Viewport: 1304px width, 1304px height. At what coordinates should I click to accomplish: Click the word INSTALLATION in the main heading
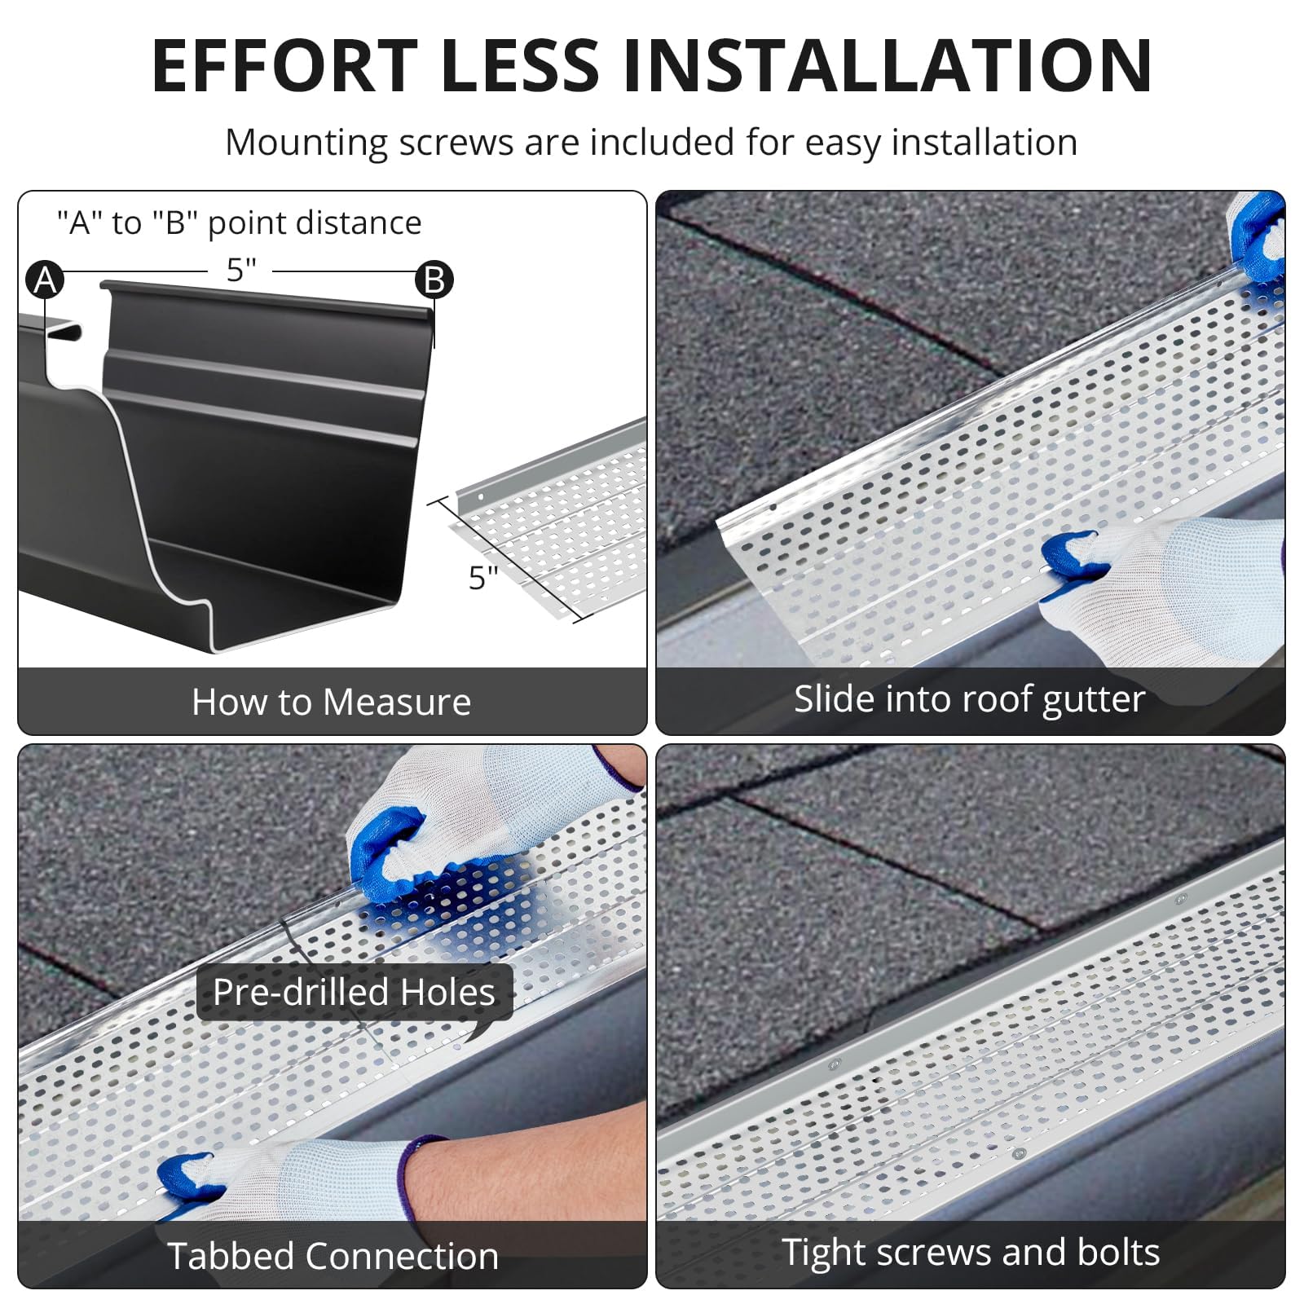888,65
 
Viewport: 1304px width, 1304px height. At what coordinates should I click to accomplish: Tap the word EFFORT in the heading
284,65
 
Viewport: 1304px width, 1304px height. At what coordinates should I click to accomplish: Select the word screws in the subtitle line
456,143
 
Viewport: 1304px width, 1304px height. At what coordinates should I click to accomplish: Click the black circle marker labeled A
45,280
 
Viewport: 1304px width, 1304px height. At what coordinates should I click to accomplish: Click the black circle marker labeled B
434,280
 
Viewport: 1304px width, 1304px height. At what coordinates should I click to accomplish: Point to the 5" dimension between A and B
241,270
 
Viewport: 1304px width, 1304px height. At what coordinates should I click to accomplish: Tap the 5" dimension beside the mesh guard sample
482,577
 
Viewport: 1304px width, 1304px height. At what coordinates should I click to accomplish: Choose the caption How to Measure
332,702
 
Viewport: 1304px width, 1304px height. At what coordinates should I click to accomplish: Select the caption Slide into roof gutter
970,699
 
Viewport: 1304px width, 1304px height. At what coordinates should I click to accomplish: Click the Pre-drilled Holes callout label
355,992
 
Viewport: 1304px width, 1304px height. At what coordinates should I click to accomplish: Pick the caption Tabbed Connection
333,1256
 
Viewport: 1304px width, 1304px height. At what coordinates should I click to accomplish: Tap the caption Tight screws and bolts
971,1252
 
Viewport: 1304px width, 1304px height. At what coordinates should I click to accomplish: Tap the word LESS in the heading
520,65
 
